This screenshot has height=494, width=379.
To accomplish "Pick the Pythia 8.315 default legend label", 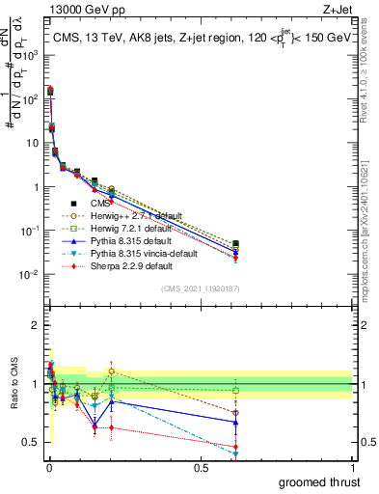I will click(x=117, y=241).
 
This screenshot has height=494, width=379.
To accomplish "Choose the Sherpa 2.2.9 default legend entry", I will click(x=117, y=266).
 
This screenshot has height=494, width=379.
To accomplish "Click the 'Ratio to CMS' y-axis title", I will click(x=14, y=384).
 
